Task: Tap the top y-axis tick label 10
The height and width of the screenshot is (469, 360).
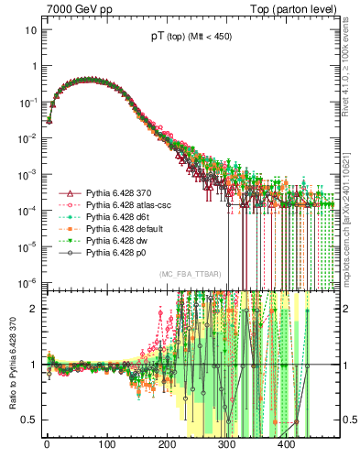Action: [31, 30]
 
